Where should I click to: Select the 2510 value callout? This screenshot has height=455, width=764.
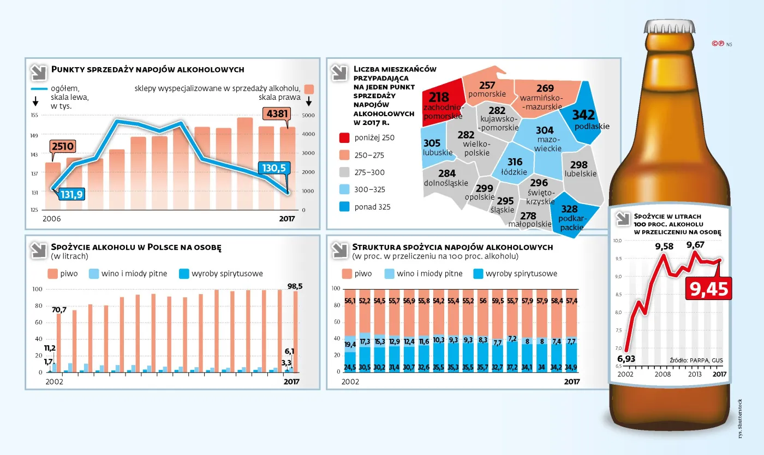[62, 147]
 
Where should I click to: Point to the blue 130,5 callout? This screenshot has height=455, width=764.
[274, 168]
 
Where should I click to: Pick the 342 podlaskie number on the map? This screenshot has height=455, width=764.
[583, 115]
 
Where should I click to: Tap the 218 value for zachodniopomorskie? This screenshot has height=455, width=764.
[439, 97]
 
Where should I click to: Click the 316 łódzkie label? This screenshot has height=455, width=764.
[515, 162]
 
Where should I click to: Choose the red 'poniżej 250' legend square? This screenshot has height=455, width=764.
[344, 137]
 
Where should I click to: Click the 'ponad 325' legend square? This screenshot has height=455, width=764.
[344, 207]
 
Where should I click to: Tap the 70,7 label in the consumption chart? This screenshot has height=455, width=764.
[59, 310]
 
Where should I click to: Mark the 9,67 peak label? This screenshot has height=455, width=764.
[695, 245]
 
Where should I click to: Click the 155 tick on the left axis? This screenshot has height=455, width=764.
[34, 116]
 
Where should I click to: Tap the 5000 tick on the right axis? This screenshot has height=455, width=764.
[308, 116]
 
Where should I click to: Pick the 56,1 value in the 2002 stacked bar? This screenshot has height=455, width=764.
[350, 301]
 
